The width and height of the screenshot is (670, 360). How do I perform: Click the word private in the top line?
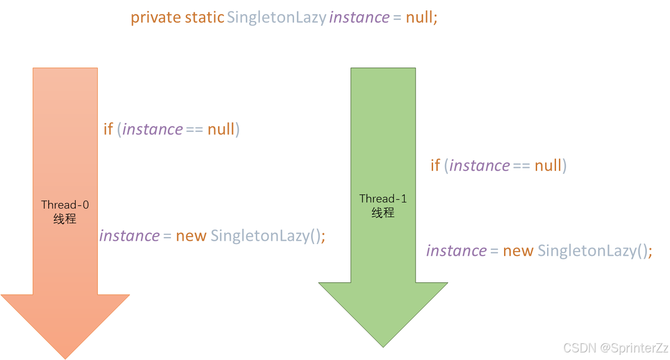156,18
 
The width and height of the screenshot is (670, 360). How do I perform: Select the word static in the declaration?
204,18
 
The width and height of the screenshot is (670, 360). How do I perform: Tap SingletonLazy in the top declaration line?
277,18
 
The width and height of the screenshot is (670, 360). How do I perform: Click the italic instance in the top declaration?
359,18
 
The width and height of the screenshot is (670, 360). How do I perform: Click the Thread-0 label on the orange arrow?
65,205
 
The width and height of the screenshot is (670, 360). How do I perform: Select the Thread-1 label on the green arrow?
383,199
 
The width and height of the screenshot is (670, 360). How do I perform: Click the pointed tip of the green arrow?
383,345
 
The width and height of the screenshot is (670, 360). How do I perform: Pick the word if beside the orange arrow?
108,129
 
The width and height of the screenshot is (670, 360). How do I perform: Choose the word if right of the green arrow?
435,165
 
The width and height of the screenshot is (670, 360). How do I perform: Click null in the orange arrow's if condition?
221,129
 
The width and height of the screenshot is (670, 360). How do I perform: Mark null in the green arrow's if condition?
548,165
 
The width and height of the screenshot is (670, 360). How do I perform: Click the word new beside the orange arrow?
191,236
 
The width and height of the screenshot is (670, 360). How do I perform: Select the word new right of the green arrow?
518,251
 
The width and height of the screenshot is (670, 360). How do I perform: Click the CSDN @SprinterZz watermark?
615,348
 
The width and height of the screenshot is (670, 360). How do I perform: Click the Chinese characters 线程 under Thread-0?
65,219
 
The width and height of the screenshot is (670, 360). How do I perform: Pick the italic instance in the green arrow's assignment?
456,251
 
